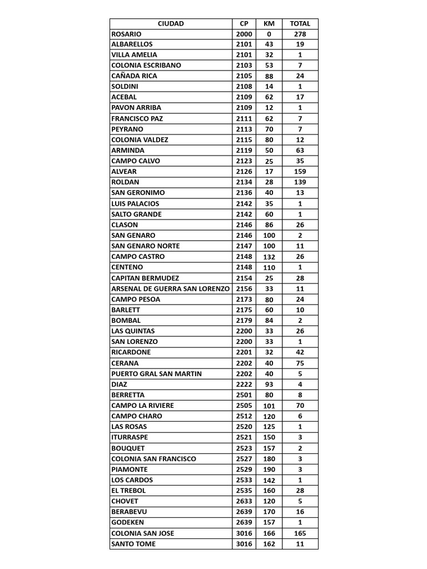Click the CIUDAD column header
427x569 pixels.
170,23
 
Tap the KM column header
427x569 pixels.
269,23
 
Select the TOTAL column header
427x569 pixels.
300,23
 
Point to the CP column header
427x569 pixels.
244,23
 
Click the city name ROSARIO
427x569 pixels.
126,34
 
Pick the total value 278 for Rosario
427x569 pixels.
300,34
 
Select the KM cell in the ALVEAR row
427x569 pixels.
269,172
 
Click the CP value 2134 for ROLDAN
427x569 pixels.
244,182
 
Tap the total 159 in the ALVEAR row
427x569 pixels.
300,172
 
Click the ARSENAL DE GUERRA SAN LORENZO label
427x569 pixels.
170,289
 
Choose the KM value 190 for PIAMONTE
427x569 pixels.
269,470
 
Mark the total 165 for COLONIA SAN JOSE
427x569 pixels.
300,533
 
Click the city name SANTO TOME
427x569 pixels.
133,544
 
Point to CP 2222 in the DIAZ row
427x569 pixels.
244,385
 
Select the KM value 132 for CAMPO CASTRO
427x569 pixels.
269,257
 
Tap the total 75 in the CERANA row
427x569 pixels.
300,363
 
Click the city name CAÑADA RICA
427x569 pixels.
134,76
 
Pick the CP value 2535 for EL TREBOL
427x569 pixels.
244,491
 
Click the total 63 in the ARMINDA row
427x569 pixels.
300,151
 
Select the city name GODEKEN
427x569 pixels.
128,522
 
